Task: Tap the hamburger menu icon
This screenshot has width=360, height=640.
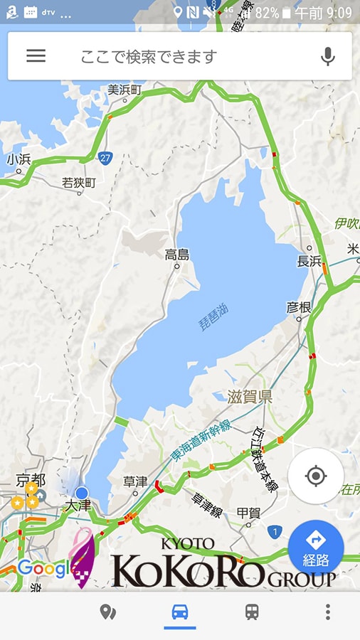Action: pyautogui.click(x=36, y=56)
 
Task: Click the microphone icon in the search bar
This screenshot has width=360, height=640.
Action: pyautogui.click(x=327, y=56)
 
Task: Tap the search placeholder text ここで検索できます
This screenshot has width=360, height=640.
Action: pyautogui.click(x=148, y=57)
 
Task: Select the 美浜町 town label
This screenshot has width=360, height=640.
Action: pyautogui.click(x=125, y=90)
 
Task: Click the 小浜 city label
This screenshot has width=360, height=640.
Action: pyautogui.click(x=18, y=159)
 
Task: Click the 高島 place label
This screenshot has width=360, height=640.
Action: pyautogui.click(x=177, y=254)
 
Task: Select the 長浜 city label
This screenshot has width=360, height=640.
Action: pyautogui.click(x=309, y=261)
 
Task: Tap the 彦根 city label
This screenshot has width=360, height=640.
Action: pyautogui.click(x=299, y=307)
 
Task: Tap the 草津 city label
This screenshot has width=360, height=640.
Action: pyautogui.click(x=134, y=481)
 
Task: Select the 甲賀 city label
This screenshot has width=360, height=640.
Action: pyautogui.click(x=248, y=512)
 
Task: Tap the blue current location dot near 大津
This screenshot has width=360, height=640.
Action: pyautogui.click(x=82, y=493)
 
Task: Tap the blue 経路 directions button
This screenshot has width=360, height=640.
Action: pyautogui.click(x=316, y=548)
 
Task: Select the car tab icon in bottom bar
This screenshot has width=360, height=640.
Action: pyautogui.click(x=180, y=612)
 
